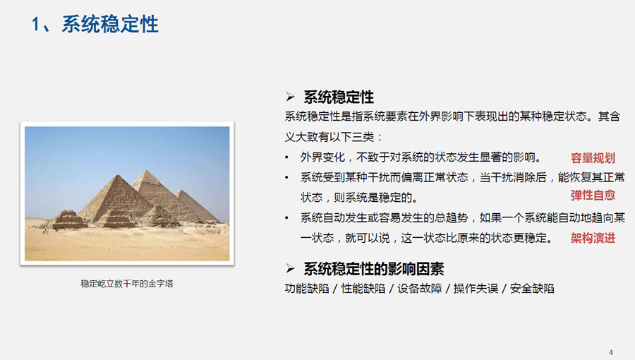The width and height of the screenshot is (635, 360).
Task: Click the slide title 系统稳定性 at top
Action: click(110, 24)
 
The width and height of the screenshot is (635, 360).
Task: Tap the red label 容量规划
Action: click(593, 158)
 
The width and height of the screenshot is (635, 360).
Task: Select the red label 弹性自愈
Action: click(593, 196)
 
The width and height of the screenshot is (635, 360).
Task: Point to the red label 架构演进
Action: click(593, 238)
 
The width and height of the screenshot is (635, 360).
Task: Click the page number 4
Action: click(611, 353)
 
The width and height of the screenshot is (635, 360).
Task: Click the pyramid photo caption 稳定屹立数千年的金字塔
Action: click(127, 284)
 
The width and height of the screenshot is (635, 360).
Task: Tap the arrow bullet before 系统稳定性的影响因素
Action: click(290, 268)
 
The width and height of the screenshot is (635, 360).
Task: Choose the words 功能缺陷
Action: click(307, 289)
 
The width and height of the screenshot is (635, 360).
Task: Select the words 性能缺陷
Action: click(363, 289)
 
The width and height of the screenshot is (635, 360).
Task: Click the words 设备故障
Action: click(420, 289)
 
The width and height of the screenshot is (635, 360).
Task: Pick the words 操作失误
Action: click(476, 289)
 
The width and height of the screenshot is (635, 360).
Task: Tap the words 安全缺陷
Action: click(532, 289)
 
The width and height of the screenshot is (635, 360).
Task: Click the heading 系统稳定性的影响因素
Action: click(374, 269)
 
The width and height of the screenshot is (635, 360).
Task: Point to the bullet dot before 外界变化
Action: click(286, 157)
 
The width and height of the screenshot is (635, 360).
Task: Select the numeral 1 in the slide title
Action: click(36, 24)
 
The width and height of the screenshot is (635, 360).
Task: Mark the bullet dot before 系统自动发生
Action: click(286, 218)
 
